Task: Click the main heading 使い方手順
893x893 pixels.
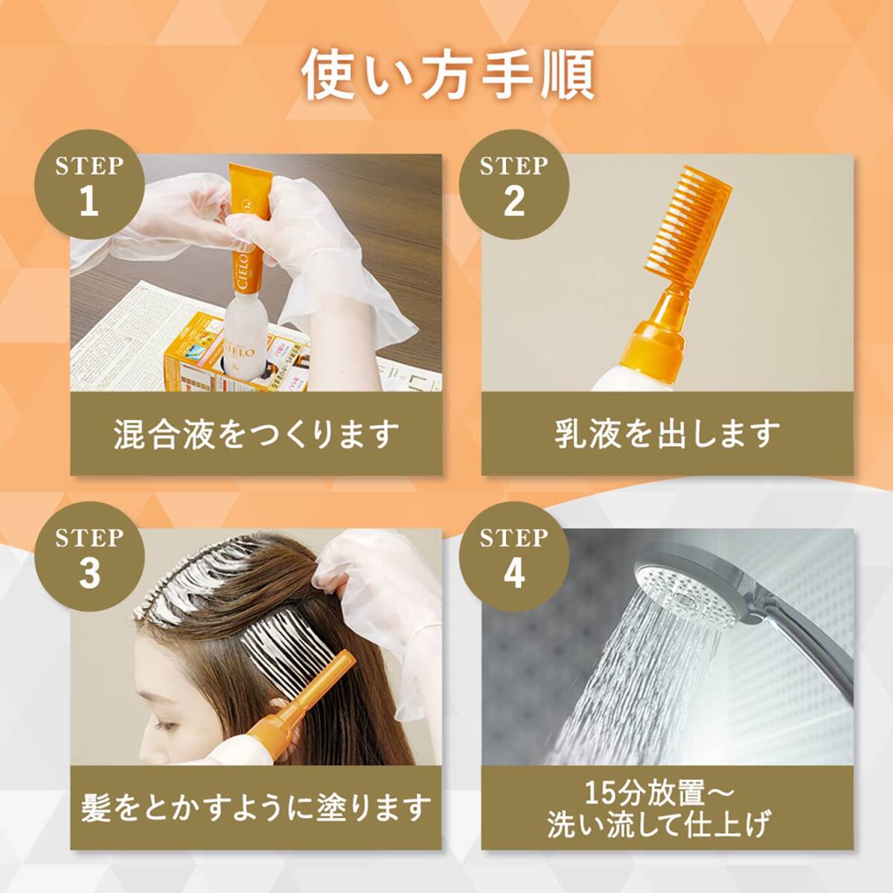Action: [x=447, y=74]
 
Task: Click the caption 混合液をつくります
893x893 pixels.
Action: [x=257, y=434]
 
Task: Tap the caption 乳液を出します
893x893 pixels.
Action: [x=667, y=434]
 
